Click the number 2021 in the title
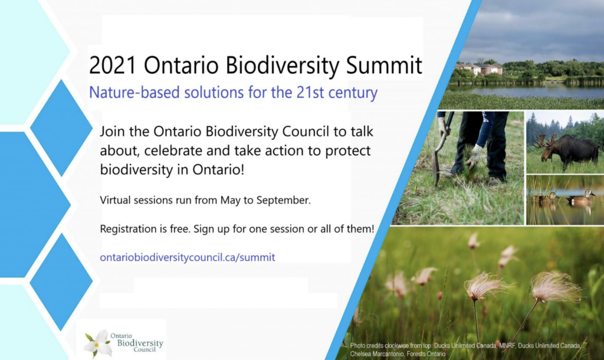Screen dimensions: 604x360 (113, 65)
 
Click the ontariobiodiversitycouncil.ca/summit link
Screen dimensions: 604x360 (188, 257)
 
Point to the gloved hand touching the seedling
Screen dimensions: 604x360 (474, 157)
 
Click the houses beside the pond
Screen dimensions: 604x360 (479, 68)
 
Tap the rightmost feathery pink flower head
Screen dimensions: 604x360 (555, 287)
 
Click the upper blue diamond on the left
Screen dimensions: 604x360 (61, 127)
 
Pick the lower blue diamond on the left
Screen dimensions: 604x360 (61, 282)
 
